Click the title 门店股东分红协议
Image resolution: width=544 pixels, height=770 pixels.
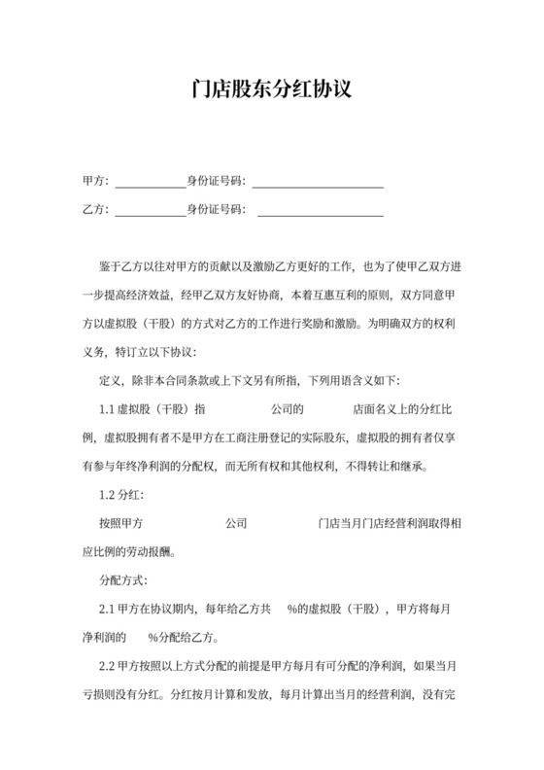pyautogui.click(x=271, y=90)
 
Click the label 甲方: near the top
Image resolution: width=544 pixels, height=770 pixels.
pyautogui.click(x=95, y=181)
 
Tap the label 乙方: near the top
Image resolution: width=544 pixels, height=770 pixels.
pyautogui.click(x=95, y=209)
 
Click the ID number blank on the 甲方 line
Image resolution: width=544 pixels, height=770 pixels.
pyautogui.click(x=318, y=183)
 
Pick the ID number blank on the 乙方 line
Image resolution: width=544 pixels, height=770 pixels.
pyautogui.click(x=320, y=211)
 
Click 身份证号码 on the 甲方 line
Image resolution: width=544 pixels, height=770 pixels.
pyautogui.click(x=217, y=181)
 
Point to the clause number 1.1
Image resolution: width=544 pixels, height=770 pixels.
pyautogui.click(x=109, y=409)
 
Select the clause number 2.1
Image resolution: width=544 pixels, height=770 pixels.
pyautogui.click(x=109, y=610)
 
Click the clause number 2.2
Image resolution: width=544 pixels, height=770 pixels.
pyautogui.click(x=109, y=667)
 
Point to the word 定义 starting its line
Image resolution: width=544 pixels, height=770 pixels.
pyautogui.click(x=110, y=380)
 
